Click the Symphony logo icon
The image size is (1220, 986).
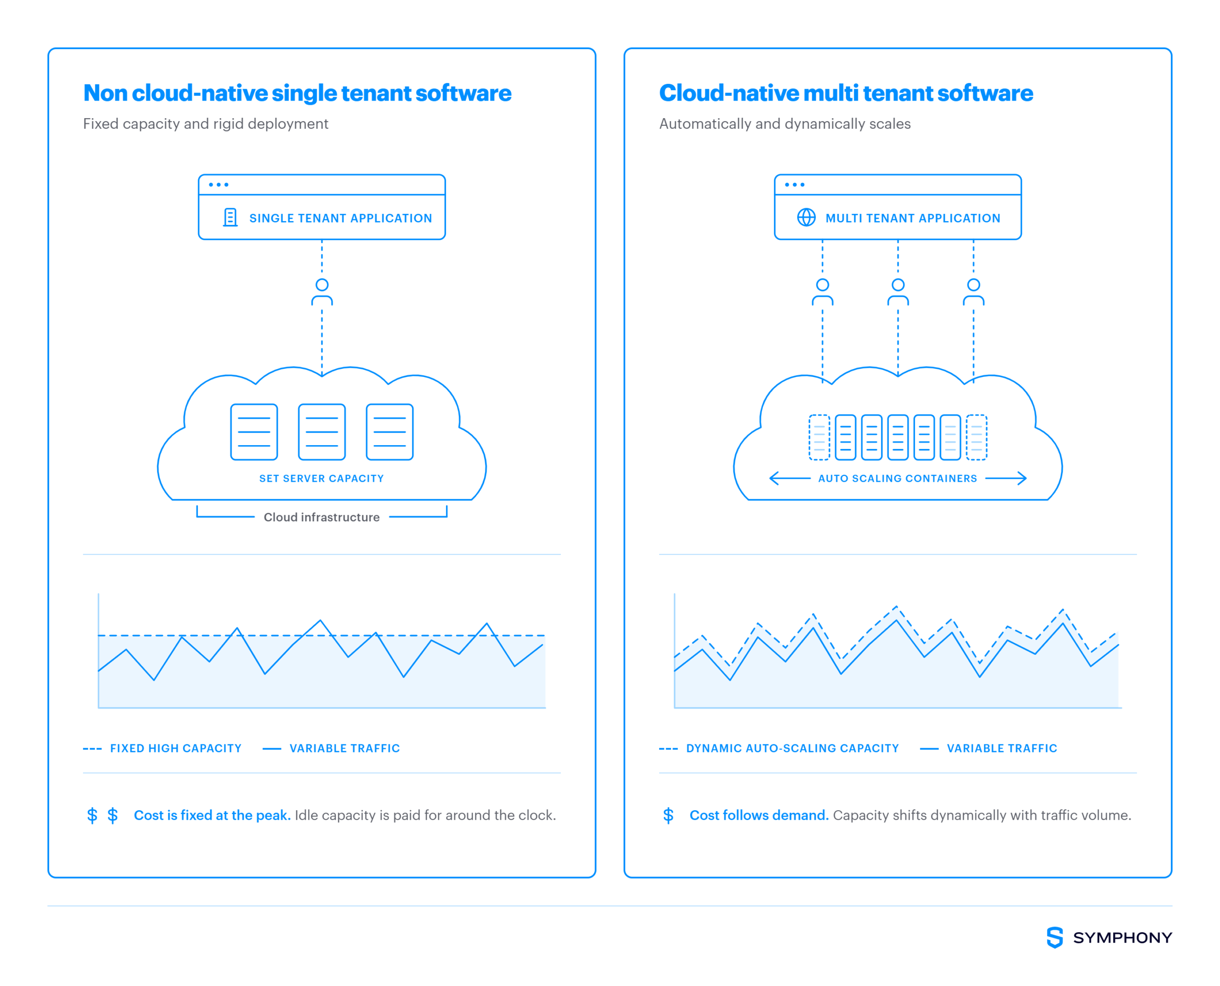(1054, 937)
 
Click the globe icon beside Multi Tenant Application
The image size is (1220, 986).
(806, 217)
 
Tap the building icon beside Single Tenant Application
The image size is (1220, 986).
(230, 217)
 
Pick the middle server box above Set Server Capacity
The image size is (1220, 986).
(322, 432)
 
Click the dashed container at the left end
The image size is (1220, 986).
(819, 437)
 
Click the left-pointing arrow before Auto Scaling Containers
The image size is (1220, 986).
(790, 478)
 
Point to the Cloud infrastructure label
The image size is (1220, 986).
(322, 517)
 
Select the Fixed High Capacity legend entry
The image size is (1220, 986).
(163, 748)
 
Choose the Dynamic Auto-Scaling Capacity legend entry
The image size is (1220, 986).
(779, 748)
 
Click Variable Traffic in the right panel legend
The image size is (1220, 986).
(988, 748)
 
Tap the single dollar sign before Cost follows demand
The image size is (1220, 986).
(668, 815)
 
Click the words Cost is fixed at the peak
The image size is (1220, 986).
(212, 815)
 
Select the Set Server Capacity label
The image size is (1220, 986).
(322, 478)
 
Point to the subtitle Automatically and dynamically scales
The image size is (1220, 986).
(784, 124)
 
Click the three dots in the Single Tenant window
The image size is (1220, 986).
(218, 184)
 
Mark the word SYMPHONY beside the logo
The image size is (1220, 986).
(1122, 938)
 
